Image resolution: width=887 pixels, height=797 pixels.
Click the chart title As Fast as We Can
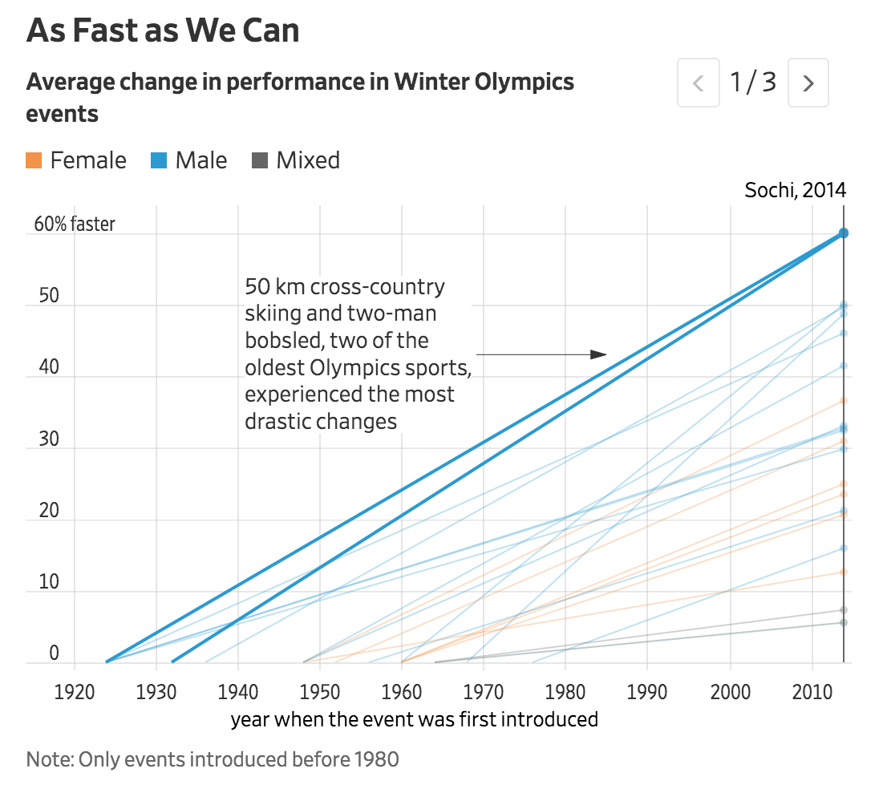pos(163,30)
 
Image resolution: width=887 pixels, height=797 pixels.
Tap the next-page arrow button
pos(808,83)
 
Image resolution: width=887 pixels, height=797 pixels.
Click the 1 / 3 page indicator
pos(753,82)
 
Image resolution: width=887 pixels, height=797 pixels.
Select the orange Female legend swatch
pos(34,160)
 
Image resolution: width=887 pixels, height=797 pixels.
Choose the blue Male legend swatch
pos(159,160)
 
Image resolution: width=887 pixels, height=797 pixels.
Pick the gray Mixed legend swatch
pos(260,160)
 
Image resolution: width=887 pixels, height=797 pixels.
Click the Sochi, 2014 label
pos(795,190)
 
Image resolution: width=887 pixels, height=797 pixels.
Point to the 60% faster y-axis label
pos(75,224)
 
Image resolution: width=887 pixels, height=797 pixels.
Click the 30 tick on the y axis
pos(49,438)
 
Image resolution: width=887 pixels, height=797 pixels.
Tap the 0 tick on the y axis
pos(55,653)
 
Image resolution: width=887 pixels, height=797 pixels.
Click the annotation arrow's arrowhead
pos(598,354)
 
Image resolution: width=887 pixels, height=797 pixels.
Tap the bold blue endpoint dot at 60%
pos(844,233)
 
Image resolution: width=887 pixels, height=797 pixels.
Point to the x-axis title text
pos(414,719)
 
